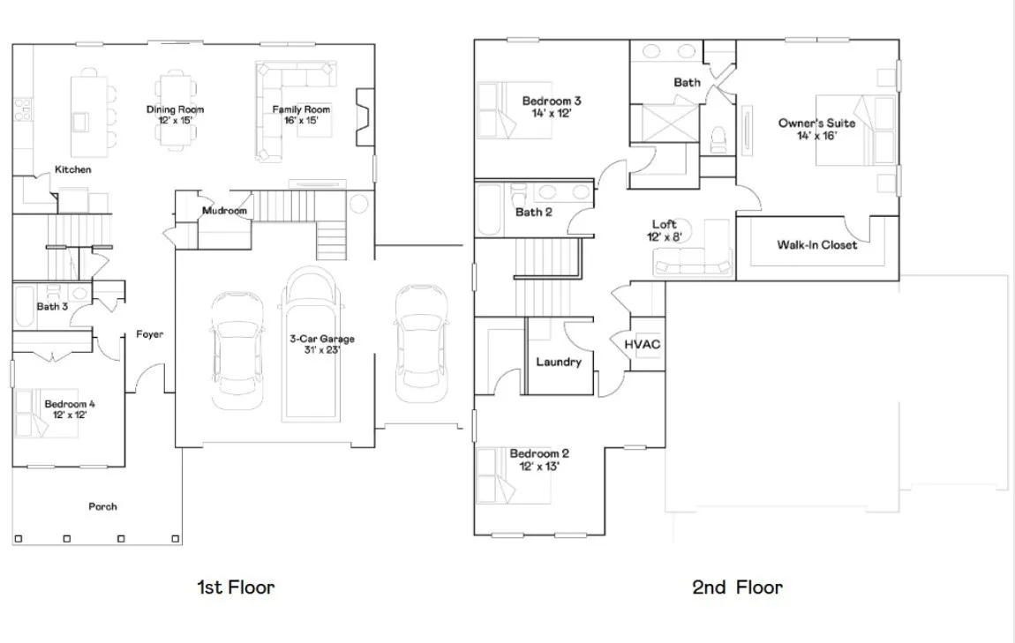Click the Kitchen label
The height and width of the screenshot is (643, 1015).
[72, 169]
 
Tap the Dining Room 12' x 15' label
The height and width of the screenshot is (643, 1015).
[175, 115]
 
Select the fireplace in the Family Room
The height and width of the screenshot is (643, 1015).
[365, 117]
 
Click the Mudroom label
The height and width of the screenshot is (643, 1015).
[224, 210]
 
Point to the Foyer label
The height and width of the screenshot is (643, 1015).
[149, 333]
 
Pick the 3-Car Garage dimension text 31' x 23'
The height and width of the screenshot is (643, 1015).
[322, 350]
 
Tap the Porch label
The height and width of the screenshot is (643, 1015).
[103, 506]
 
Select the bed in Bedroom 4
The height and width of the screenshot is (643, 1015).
[38, 413]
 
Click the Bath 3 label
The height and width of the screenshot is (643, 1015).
[52, 306]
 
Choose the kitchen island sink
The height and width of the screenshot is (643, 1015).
[81, 122]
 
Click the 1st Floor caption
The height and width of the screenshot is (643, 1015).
[236, 587]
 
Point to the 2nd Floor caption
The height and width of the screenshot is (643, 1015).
[737, 587]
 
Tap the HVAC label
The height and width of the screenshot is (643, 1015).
[643, 344]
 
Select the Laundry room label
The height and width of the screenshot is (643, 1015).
[559, 362]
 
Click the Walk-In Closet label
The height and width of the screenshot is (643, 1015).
[817, 244]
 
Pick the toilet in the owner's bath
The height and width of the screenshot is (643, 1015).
[718, 139]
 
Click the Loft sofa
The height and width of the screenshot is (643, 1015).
[693, 265]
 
